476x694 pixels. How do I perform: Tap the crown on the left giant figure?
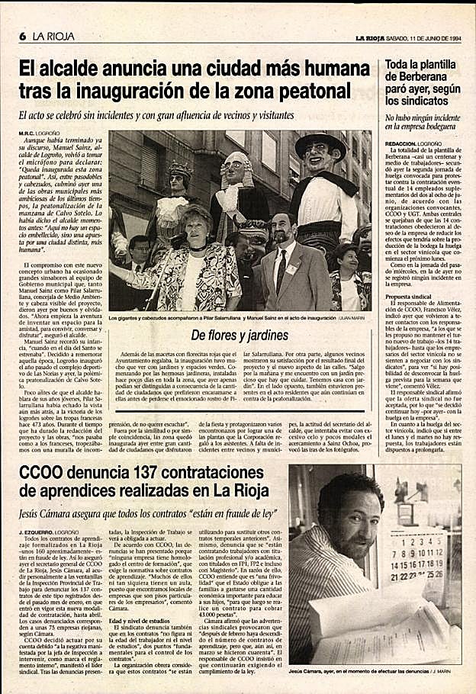(180, 169)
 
